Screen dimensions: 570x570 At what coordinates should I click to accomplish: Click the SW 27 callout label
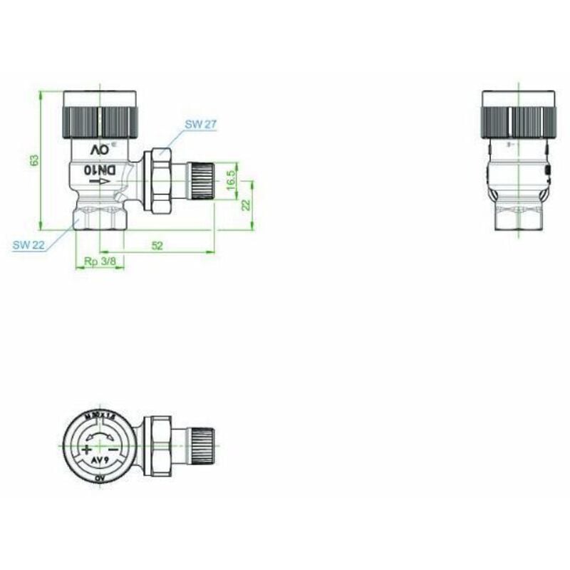click(200, 124)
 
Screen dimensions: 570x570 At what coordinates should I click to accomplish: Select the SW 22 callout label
click(28, 244)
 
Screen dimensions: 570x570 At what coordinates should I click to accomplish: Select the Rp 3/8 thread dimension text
click(100, 262)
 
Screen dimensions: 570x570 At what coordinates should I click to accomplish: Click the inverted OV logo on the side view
click(99, 150)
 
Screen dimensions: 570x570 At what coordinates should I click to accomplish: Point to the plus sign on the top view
click(86, 450)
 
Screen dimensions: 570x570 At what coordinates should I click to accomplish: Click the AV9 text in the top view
click(100, 462)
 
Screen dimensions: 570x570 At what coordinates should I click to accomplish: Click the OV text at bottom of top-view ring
click(100, 482)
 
